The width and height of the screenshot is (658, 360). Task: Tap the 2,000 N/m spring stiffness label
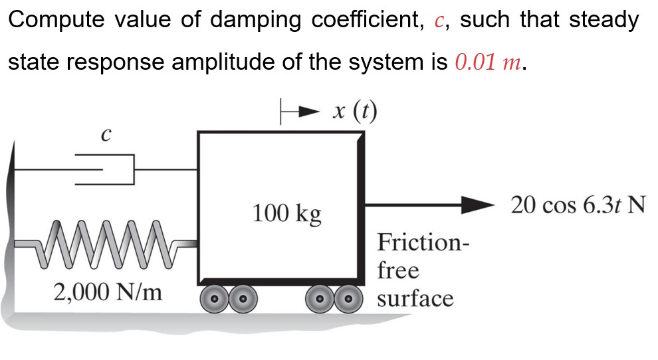107,292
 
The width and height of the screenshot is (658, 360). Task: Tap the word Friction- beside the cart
423,242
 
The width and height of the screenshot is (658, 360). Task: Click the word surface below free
415,298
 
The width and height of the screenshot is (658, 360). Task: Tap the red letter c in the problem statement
438,21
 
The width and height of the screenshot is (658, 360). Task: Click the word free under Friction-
398,270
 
